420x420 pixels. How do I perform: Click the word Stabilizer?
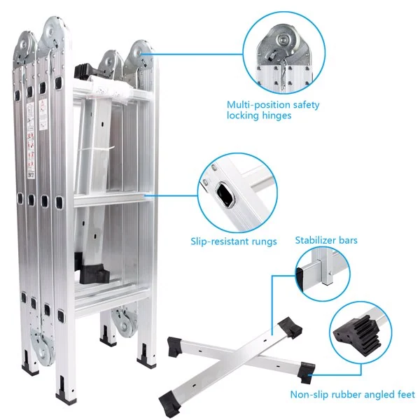[315, 240]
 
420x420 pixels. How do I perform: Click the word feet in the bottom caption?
[405, 395]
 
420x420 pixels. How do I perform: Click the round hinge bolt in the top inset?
[282, 40]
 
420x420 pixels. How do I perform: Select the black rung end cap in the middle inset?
[225, 195]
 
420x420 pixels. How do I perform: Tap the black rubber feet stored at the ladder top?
[85, 71]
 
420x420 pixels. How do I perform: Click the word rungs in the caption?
[264, 241]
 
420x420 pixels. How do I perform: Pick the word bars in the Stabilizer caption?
[348, 240]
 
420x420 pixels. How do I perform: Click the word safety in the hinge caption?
[306, 105]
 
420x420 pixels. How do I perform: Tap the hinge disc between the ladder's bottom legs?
[125, 323]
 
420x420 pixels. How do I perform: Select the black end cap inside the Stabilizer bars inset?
[299, 279]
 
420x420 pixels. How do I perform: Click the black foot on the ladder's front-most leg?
[65, 398]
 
